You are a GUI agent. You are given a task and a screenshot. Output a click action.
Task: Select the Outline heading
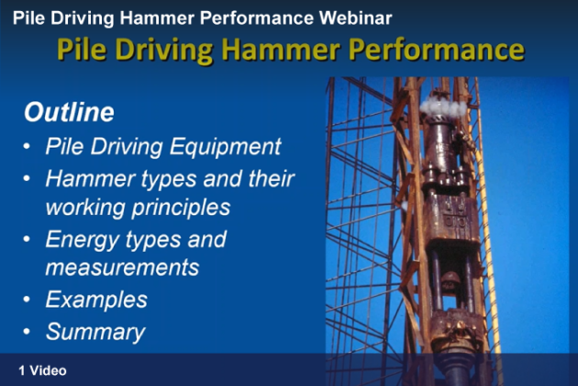coord(69,112)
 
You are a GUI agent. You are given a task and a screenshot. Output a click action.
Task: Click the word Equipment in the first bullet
coord(226,147)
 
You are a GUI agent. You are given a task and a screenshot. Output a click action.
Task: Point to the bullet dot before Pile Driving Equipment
coord(27,146)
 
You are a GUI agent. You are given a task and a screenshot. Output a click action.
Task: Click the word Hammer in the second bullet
coord(90,179)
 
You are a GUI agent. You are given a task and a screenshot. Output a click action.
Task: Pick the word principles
coord(181,208)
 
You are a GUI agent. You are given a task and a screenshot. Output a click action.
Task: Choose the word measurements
coord(122,267)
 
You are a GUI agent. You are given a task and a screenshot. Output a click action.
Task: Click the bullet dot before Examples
coord(27,299)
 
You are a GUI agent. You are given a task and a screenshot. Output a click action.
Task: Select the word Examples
coord(96,300)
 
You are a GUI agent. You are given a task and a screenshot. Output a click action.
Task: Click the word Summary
coord(95,333)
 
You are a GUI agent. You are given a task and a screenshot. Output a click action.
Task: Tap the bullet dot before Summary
coord(27,331)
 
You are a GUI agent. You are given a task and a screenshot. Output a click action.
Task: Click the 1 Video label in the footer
coord(43,370)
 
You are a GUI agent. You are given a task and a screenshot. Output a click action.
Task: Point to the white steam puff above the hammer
coord(443,107)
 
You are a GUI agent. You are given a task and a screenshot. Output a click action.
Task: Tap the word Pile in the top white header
coord(29,17)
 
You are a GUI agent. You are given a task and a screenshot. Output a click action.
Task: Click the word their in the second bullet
coord(271,179)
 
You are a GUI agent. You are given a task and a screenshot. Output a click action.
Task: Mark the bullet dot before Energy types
coord(27,239)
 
